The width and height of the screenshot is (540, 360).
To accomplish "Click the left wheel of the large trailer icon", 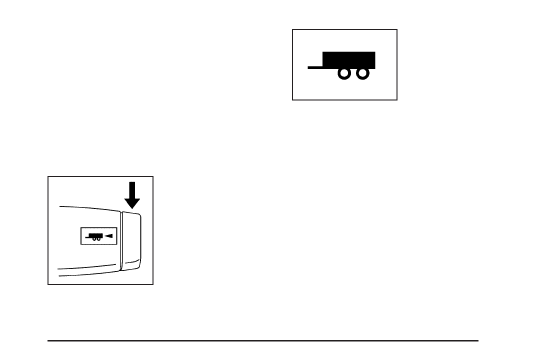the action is coord(344,73).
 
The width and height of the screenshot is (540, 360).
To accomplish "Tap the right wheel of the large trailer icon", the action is coord(362,73).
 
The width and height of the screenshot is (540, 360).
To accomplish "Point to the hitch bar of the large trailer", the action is coord(315,66).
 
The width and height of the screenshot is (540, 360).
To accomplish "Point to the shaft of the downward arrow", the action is coord(132,190).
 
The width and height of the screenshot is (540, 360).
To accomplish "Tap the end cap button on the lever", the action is coord(132,240).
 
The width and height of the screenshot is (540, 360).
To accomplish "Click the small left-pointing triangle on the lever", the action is coord(108,236).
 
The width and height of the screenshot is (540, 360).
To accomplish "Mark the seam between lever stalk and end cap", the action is coord(121,240).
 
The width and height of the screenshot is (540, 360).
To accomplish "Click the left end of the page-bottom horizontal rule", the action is coord(48,341).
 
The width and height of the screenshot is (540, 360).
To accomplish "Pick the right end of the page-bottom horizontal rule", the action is coord(478,341).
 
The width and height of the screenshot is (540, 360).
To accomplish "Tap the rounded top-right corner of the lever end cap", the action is coord(140,215).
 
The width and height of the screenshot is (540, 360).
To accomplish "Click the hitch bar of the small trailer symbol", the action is coord(87,237).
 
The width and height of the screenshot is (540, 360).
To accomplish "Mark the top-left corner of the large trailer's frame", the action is coord(293,29).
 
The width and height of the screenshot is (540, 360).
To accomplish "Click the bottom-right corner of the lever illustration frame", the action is coord(153,284).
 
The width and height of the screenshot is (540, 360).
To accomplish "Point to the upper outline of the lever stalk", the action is coord(90,206).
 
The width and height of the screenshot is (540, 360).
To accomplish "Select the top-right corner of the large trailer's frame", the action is coord(397,29).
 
